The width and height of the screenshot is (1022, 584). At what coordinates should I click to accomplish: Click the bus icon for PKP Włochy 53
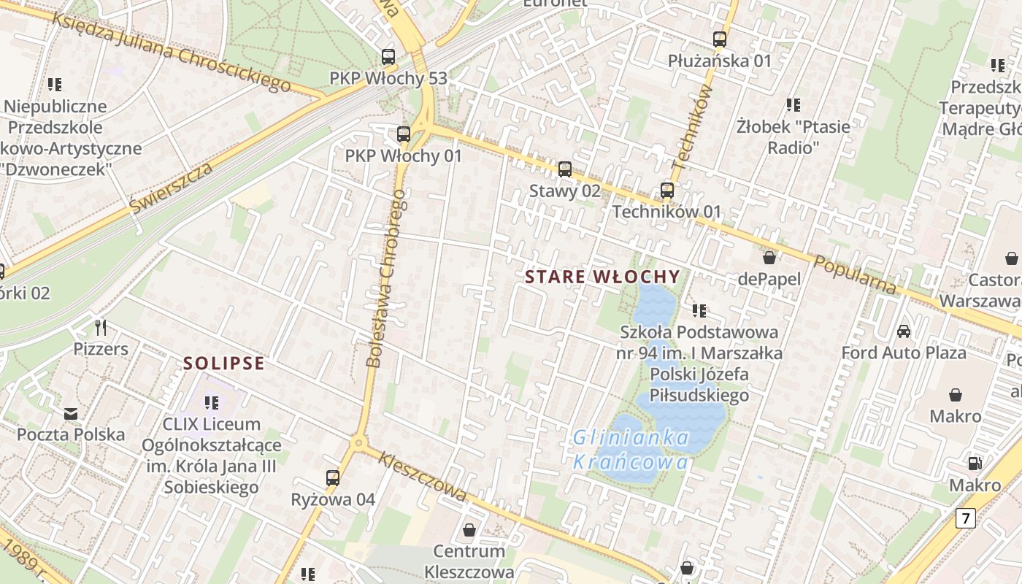[x=388, y=57]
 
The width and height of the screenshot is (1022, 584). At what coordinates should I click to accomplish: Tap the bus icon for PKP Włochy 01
[x=403, y=134]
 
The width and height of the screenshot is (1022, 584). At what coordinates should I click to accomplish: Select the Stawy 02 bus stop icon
[x=565, y=169]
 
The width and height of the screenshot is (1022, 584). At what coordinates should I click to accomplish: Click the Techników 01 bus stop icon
[x=667, y=191]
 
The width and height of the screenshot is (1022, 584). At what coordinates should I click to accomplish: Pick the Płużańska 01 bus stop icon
[x=720, y=39]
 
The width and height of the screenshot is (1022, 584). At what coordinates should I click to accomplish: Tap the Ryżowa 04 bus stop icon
[x=333, y=478]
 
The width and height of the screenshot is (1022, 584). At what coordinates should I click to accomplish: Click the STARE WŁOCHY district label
[x=602, y=277]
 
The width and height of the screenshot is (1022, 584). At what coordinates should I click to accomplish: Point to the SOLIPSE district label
[x=223, y=364]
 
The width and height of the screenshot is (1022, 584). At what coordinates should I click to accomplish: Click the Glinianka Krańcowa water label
[x=631, y=450]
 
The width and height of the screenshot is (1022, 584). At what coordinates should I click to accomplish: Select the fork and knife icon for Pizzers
[x=101, y=327]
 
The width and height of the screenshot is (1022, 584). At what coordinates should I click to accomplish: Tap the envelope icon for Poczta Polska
[x=70, y=414]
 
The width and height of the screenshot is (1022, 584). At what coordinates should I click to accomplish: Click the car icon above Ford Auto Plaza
[x=904, y=331]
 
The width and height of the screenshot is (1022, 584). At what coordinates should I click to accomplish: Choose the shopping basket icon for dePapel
[x=769, y=258]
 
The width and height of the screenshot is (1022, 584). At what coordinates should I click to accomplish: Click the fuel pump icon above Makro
[x=975, y=464]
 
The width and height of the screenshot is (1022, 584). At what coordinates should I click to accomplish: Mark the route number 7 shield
[x=966, y=519]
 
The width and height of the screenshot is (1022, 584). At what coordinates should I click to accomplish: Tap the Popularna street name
[x=855, y=275]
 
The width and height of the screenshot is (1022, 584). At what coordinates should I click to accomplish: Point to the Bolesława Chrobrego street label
[x=385, y=277]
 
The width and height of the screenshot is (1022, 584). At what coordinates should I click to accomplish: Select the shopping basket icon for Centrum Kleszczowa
[x=469, y=530]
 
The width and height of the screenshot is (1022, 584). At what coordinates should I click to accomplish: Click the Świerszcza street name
[x=172, y=188]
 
